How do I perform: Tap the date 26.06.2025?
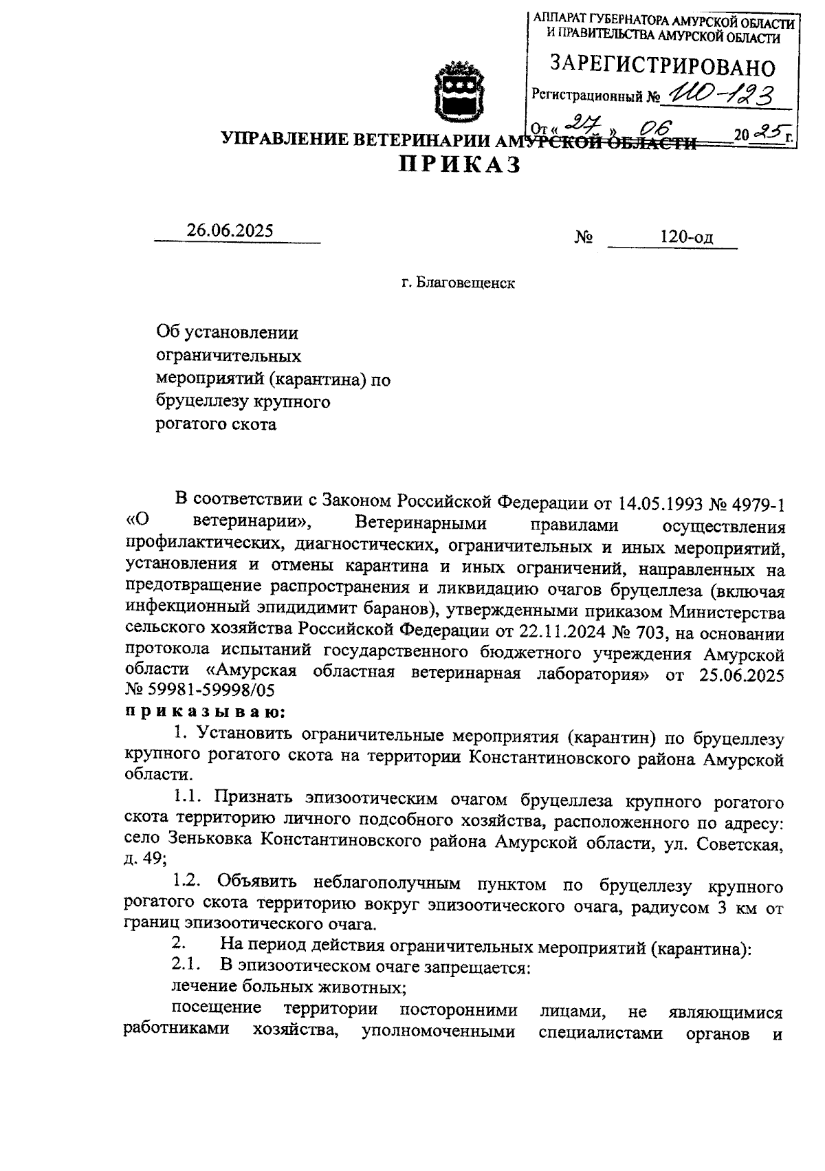tap(230, 231)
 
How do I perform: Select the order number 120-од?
tap(686, 238)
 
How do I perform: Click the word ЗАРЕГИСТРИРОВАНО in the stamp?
tap(663, 67)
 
